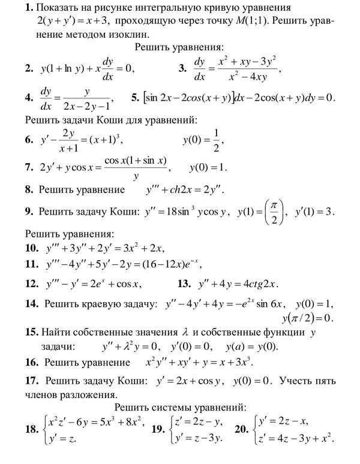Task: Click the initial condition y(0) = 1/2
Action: pyautogui.click(x=204, y=140)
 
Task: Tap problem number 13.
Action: pyautogui.click(x=184, y=284)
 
